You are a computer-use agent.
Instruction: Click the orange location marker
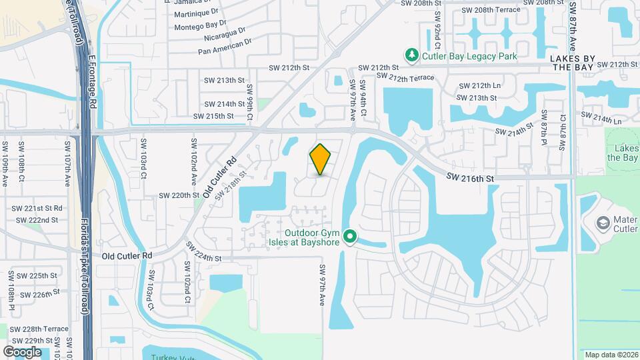(x=321, y=159)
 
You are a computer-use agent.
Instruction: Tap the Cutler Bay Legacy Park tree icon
(x=413, y=55)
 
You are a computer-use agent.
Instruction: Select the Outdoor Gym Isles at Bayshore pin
(x=349, y=237)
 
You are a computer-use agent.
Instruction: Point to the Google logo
(x=22, y=351)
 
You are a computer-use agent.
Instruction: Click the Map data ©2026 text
(x=611, y=355)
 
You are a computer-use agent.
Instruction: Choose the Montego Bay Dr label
(x=196, y=27)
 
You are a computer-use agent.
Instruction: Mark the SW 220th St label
(x=179, y=195)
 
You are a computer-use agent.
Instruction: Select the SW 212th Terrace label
(x=405, y=78)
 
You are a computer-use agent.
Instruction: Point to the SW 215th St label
(x=213, y=116)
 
